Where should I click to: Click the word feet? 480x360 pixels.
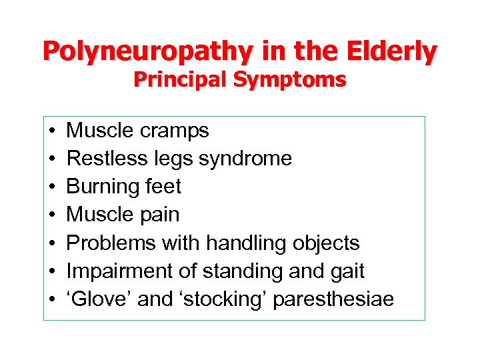coord(163,187)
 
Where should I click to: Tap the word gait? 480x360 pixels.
coord(347,271)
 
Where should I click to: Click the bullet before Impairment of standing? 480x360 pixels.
coord(52,271)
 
